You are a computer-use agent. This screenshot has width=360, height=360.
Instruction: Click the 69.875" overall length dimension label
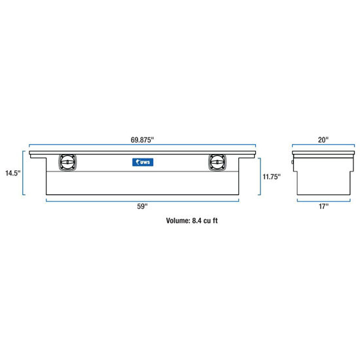click(142, 140)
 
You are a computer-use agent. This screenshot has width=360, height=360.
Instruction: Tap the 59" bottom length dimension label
click(142, 206)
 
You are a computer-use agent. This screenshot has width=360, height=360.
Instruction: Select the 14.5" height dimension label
click(13, 173)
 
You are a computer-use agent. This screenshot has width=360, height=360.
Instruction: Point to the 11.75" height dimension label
click(272, 177)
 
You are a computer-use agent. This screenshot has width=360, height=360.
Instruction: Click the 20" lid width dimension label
click(323, 140)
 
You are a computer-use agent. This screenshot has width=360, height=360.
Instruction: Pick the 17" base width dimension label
click(323, 206)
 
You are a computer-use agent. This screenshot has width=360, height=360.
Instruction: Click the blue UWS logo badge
click(143, 162)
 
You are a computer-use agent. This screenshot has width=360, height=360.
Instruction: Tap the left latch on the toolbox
click(67, 162)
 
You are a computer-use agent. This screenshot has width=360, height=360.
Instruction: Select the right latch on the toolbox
click(217, 162)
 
